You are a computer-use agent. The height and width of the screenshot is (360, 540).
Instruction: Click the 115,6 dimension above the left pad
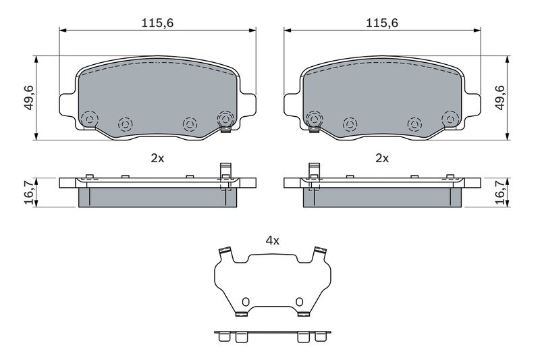pos(157,23)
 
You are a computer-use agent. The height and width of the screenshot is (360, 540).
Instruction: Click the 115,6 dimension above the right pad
pos(382,23)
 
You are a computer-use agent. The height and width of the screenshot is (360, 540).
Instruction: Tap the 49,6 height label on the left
pos(29,98)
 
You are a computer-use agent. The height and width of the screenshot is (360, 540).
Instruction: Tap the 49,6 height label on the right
pos(500,98)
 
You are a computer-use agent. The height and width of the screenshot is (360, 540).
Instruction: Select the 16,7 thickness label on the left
pos(30,192)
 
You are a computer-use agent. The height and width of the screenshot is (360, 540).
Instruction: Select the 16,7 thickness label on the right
pos(500,192)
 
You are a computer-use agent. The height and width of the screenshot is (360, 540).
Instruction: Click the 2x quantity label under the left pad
pos(157,158)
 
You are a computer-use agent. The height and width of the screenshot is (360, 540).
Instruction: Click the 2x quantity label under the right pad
pos(382,158)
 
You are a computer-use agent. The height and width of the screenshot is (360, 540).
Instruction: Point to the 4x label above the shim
pos(273,240)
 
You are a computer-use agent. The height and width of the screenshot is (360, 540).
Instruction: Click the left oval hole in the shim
pos(245,301)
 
